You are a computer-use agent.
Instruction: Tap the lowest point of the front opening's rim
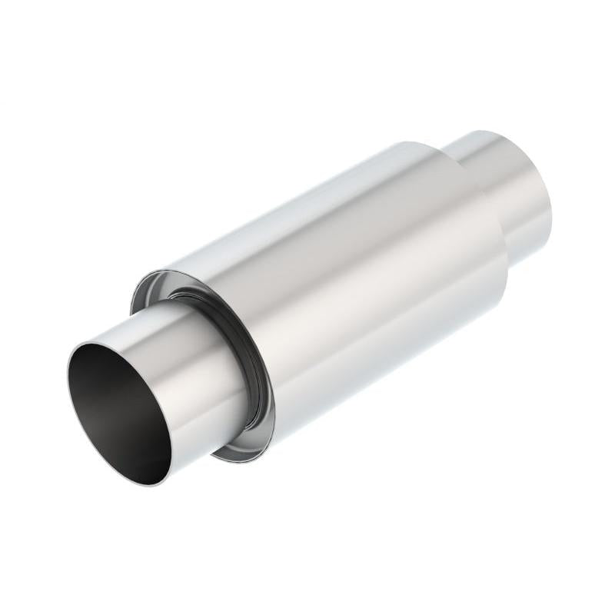pyautogui.click(x=158, y=486)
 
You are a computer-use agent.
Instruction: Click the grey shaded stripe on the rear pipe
pyautogui.click(x=530, y=223)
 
